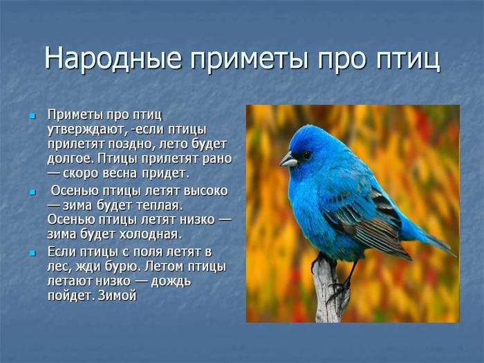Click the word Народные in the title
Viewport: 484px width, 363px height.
click(x=113, y=58)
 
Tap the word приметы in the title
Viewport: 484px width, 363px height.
click(x=249, y=61)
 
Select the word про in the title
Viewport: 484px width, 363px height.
click(x=342, y=61)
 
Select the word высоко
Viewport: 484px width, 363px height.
click(x=205, y=191)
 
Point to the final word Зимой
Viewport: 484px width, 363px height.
click(x=118, y=296)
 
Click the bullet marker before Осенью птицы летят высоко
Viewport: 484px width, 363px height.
click(x=32, y=192)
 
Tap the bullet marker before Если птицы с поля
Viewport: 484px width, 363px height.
click(x=32, y=253)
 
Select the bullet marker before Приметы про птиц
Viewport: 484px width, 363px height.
click(x=32, y=116)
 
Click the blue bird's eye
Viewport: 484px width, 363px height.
click(x=306, y=153)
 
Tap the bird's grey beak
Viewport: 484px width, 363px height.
click(x=288, y=160)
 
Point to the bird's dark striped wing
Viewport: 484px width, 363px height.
click(x=371, y=225)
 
